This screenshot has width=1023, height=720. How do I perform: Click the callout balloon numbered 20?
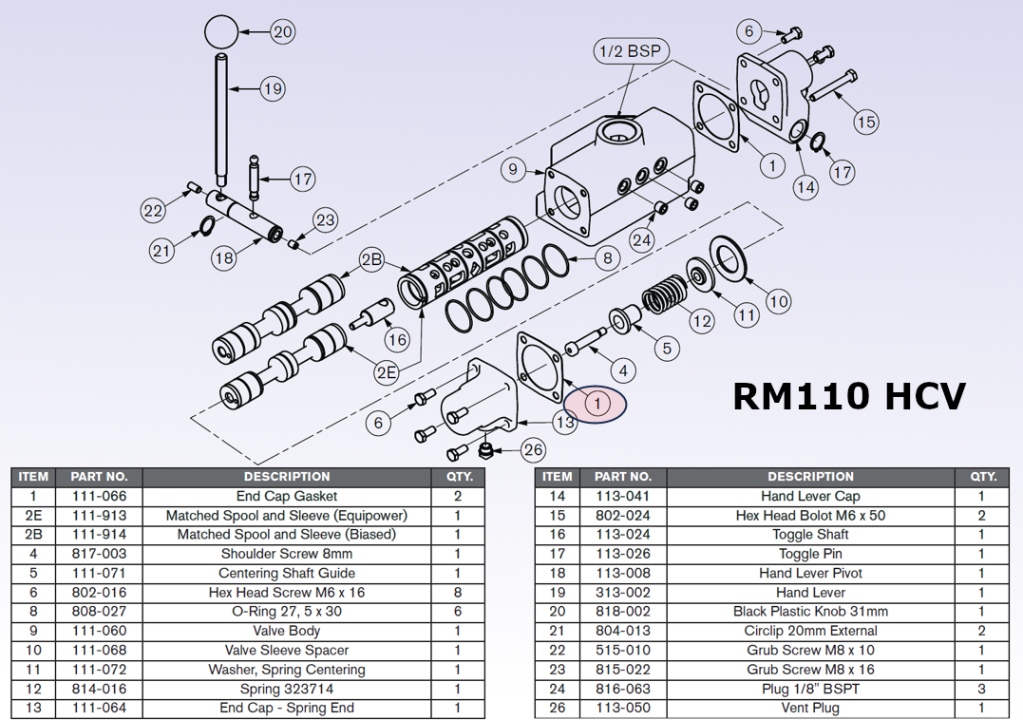tap(282, 31)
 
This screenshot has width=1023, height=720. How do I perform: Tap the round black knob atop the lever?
tap(220, 31)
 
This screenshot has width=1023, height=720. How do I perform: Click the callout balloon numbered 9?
tap(513, 170)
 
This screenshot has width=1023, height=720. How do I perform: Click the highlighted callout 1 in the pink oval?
tap(597, 404)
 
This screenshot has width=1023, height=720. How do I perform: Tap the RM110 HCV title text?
tap(849, 395)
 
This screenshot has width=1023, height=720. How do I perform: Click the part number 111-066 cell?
tap(99, 496)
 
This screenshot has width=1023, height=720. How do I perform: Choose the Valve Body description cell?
tap(286, 631)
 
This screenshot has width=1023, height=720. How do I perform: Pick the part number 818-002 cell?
tap(622, 612)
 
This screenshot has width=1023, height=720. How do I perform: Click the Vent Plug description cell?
tap(810, 708)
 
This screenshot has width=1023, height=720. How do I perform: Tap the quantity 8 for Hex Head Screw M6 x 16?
tap(458, 593)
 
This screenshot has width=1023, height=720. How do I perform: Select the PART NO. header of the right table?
tap(622, 476)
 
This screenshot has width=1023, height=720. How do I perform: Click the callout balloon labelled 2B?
tap(370, 259)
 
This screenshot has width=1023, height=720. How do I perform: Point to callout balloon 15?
tap(864, 122)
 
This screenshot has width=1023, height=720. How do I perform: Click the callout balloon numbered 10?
tap(778, 302)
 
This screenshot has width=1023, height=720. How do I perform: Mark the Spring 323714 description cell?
tap(286, 689)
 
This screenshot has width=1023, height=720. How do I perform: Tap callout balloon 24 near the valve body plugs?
tap(642, 240)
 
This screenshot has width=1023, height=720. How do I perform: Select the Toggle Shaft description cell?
tap(810, 535)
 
